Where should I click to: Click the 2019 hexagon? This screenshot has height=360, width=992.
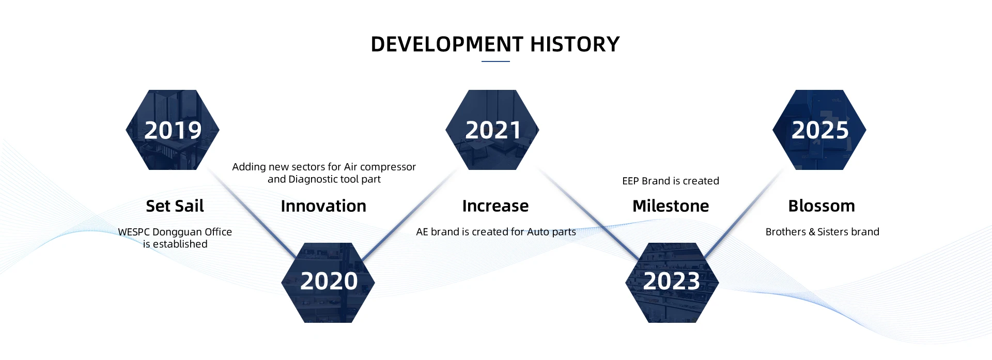173,130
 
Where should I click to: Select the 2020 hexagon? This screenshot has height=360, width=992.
328,283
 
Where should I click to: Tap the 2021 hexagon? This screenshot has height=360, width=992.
492,130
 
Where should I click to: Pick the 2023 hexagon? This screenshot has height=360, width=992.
672,283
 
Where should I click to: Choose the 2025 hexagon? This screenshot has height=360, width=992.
819,130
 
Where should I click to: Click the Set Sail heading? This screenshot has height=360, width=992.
175,206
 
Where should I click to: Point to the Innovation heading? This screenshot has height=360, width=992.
323,206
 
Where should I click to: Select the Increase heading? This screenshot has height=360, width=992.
495,206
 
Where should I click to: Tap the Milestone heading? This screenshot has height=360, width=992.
671,206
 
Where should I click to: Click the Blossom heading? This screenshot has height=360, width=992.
822,206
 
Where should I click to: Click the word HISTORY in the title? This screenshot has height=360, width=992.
575,44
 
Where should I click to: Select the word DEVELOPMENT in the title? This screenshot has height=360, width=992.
447,44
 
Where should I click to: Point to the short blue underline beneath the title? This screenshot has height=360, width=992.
495,61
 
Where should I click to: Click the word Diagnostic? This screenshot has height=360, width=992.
313,180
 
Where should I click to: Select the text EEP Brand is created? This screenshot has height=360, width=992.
671,181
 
